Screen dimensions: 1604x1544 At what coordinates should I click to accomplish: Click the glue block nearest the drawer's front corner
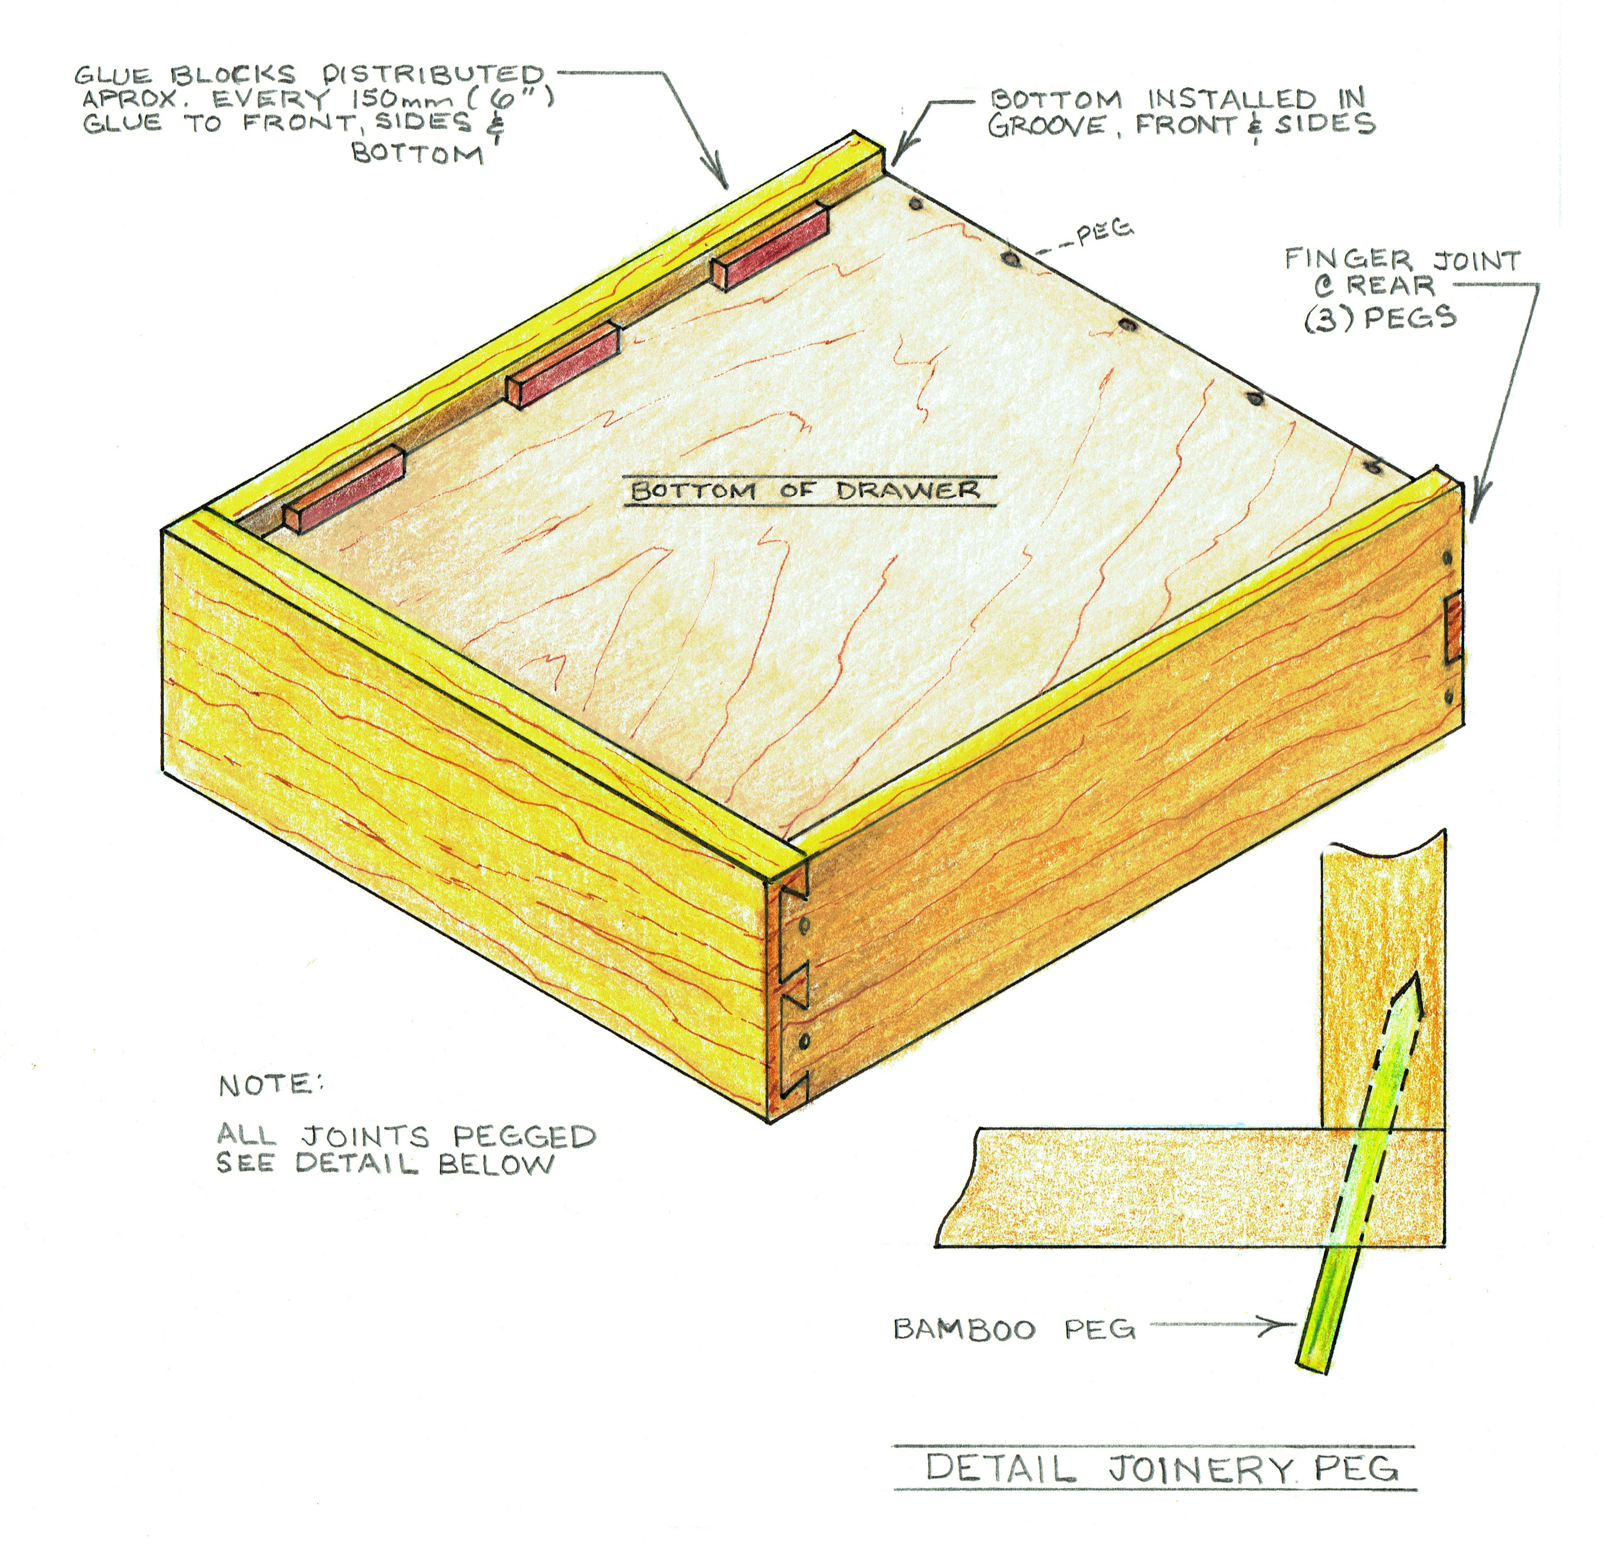point(344,489)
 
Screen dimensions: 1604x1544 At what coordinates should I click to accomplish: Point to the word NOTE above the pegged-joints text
point(270,1086)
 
